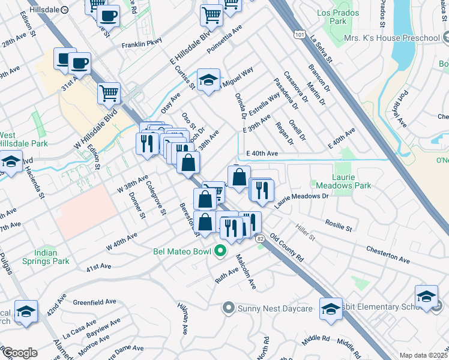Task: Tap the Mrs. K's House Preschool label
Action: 392,38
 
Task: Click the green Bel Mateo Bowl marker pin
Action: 220,250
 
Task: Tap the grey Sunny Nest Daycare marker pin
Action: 228,308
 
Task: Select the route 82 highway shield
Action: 259,239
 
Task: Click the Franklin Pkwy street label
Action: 142,44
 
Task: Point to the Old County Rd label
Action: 287,246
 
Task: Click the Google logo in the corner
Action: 19,352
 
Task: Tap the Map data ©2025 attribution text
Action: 423,355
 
